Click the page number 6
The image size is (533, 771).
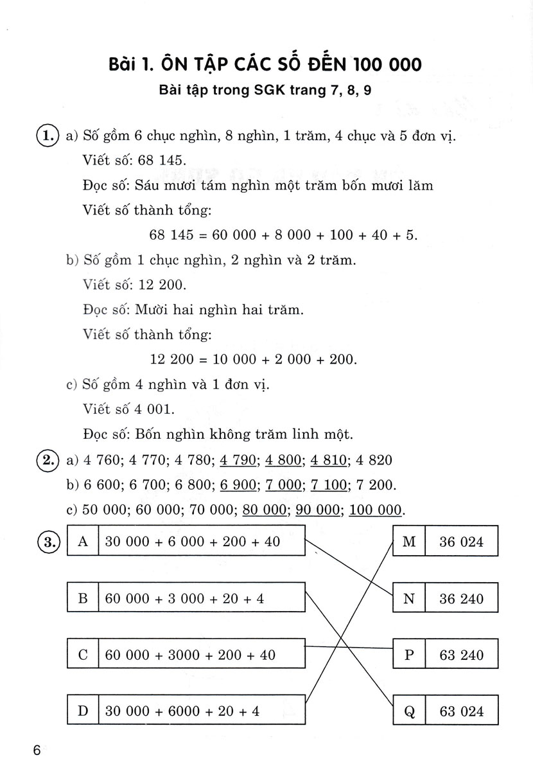pos(37,750)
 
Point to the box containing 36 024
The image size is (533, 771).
pos(461,542)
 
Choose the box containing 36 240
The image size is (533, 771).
pos(461,599)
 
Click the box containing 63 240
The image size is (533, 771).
pos(461,655)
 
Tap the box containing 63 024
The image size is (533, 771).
pos(461,711)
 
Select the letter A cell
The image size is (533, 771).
pos(82,542)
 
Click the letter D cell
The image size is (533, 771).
pos(82,711)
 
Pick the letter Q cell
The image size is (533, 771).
pos(408,711)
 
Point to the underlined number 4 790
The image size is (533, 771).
pos(238,460)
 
